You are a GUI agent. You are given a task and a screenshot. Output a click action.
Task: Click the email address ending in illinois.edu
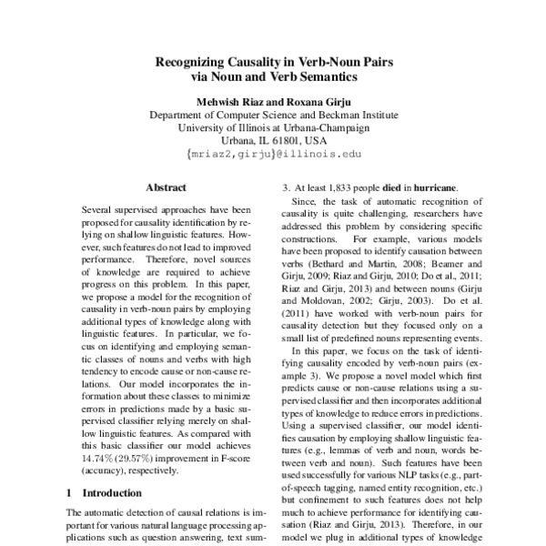[x=273, y=155]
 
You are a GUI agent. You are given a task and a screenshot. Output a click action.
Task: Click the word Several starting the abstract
[x=98, y=208]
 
